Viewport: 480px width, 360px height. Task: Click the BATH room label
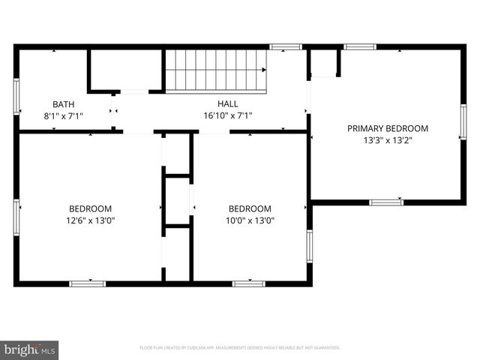64,104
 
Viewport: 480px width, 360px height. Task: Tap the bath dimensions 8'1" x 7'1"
64,116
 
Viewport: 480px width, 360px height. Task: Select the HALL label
228,104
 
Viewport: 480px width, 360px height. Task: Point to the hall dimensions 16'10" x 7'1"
228,116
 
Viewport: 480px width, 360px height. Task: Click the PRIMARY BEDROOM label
388,128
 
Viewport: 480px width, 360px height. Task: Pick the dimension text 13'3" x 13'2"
388,140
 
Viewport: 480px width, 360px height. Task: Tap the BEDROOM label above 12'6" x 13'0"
90,208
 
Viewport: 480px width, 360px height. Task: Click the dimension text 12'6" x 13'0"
90,220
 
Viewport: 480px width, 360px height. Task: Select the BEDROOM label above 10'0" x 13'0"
250,208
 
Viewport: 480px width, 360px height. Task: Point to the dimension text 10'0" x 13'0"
250,220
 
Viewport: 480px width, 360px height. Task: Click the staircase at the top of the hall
215,70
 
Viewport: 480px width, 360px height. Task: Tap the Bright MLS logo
30,349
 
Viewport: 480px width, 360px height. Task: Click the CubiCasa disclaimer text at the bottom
240,348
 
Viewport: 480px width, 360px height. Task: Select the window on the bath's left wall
16,96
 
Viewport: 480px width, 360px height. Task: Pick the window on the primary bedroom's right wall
463,122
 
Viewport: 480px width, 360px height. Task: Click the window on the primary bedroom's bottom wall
386,202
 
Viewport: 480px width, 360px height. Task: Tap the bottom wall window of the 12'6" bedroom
88,283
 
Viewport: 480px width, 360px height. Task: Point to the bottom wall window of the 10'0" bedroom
248,283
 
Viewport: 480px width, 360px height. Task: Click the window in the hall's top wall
286,47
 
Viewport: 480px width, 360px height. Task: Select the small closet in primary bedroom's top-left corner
324,65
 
